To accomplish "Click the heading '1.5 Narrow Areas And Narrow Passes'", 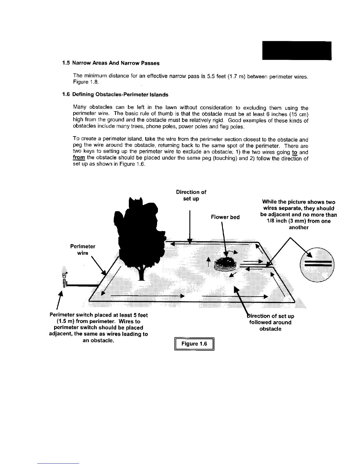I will point(111,63).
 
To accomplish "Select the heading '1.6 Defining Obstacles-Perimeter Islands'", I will point(115,94).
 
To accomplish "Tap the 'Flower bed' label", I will point(225,217).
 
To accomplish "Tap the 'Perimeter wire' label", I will point(83,249).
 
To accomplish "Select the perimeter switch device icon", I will point(64,278).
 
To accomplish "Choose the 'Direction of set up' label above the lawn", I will point(191,195).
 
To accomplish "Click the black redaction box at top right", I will point(296,51).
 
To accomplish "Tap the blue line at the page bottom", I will point(59,463).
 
